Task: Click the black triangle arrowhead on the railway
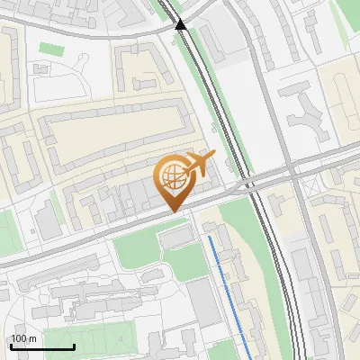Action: point(181,24)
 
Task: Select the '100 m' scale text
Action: point(23,338)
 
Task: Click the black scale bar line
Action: point(42,346)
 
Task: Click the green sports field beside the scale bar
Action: point(108,342)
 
